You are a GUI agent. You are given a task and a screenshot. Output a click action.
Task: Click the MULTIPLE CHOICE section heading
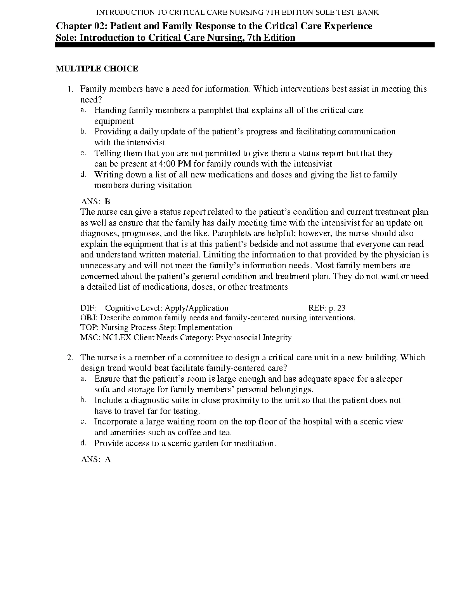click(x=97, y=69)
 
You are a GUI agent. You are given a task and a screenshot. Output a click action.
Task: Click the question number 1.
click(x=70, y=89)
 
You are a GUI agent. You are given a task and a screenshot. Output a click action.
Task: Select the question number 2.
click(x=70, y=358)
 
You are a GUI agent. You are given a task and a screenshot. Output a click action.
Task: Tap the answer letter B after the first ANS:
click(x=107, y=202)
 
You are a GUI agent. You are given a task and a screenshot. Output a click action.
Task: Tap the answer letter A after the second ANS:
click(x=108, y=460)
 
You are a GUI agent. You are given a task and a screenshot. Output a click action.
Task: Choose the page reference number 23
click(x=341, y=308)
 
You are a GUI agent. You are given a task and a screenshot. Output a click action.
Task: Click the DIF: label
click(x=88, y=308)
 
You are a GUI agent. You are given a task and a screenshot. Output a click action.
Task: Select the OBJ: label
click(x=89, y=318)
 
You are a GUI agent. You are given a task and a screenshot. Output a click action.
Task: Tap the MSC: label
click(x=90, y=338)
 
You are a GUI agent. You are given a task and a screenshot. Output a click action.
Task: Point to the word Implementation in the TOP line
click(x=205, y=328)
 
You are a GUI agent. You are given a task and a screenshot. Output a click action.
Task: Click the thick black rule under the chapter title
click(x=244, y=45)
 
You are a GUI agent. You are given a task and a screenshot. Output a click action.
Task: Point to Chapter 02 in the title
click(x=81, y=26)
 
